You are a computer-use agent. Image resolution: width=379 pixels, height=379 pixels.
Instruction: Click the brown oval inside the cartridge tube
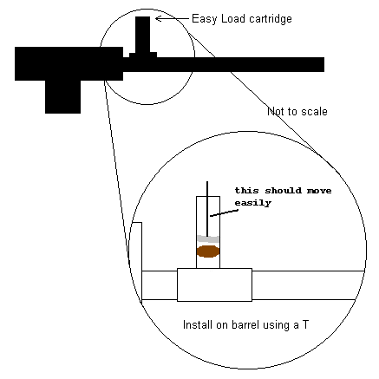tap(207, 252)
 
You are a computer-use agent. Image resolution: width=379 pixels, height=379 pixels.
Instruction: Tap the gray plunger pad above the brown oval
tap(208, 239)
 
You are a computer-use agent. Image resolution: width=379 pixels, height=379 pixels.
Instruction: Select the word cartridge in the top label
tap(271, 19)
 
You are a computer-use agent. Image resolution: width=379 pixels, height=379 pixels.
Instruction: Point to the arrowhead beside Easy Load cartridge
tap(158, 19)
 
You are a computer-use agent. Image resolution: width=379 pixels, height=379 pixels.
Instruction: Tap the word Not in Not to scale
tap(275, 111)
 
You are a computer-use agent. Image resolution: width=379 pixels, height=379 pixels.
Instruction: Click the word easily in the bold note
tap(252, 203)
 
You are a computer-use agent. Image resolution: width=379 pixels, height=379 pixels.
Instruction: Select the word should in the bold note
tap(283, 191)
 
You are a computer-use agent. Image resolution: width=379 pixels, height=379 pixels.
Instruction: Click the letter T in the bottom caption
tap(305, 324)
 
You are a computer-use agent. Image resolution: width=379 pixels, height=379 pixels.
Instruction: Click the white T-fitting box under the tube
tap(214, 284)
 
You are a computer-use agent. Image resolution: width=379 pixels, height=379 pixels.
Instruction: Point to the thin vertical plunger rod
tap(207, 209)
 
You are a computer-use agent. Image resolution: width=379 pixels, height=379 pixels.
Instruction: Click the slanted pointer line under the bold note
tap(224, 213)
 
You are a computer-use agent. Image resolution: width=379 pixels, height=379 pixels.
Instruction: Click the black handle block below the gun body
tap(62, 96)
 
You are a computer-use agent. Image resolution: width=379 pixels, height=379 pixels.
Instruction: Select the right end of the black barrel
tap(323, 64)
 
